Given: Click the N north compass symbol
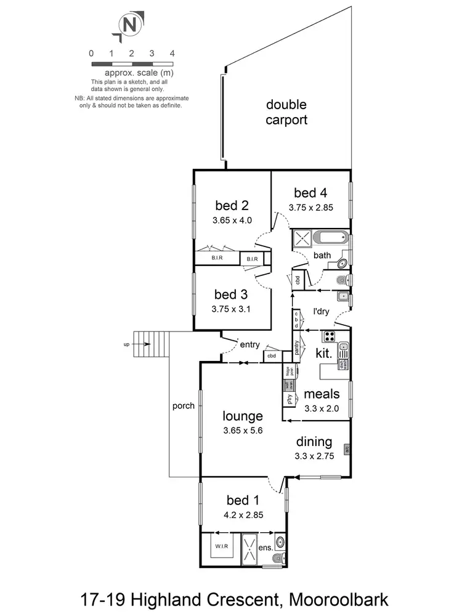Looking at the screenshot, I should [129, 25].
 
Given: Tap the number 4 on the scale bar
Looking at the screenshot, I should [172, 54].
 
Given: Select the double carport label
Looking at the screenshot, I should [286, 112].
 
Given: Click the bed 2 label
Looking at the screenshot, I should [232, 205].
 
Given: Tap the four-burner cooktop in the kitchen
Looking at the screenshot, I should [329, 337].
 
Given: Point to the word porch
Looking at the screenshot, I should [184, 406].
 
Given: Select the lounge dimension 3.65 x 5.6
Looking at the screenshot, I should [243, 431].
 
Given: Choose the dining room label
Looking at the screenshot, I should [314, 442].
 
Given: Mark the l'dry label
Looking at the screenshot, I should [321, 312].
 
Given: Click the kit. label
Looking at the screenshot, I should [324, 354].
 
